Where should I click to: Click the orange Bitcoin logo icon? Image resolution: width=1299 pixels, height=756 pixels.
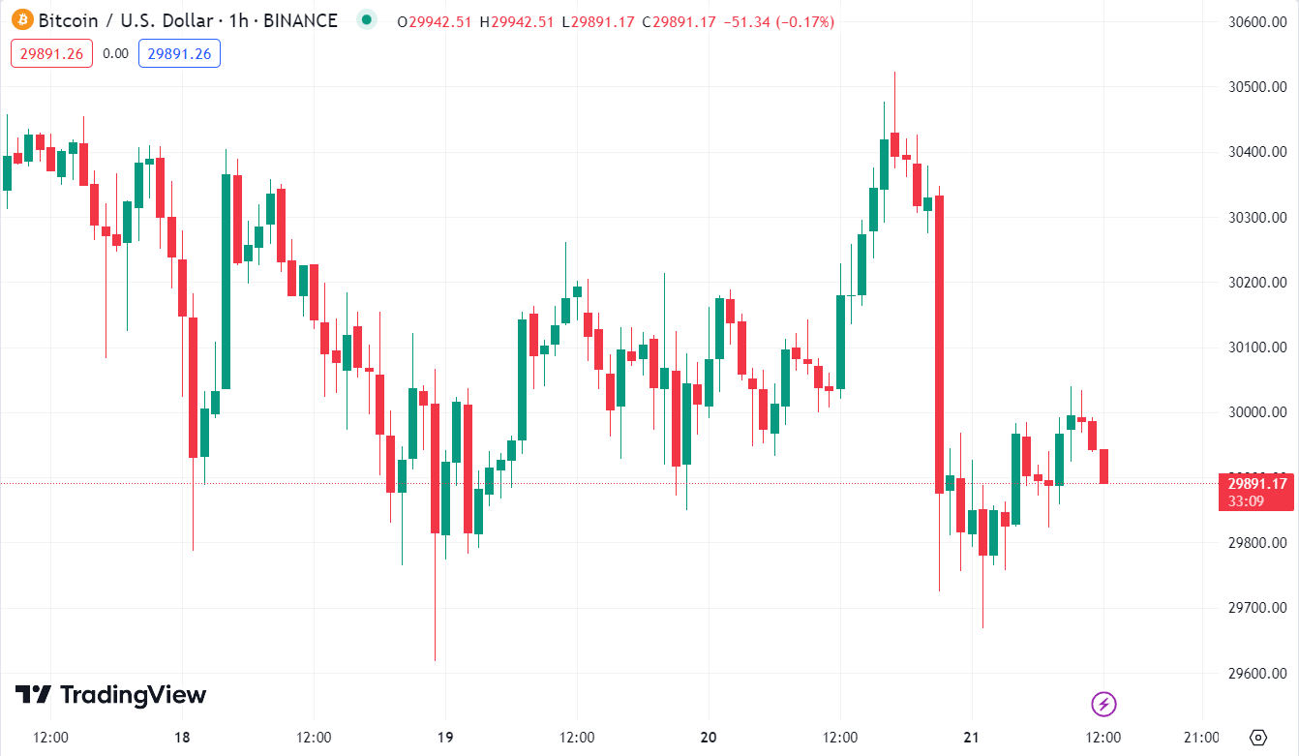[x=21, y=20]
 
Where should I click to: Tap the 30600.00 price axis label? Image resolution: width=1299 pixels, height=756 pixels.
[x=1255, y=22]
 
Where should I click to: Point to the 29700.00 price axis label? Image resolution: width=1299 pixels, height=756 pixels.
[x=1255, y=608]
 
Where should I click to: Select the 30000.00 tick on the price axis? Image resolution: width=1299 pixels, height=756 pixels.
[x=1255, y=412]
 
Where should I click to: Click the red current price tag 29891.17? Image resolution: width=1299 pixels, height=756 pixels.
[x=1256, y=484]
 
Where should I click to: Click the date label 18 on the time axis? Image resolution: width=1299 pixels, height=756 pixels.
[x=182, y=738]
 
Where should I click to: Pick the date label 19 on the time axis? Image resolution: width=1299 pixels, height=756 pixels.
[x=444, y=738]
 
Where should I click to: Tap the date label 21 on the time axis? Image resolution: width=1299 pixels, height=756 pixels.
[x=972, y=738]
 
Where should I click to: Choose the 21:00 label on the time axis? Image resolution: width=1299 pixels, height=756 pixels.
[x=1201, y=738]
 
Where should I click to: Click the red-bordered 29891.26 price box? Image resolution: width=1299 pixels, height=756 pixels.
[x=51, y=53]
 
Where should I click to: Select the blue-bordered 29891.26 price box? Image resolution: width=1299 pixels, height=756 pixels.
[x=179, y=53]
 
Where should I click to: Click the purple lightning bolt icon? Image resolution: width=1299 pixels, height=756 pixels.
[x=1104, y=704]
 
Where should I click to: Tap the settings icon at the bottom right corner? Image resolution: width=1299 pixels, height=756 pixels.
[x=1258, y=738]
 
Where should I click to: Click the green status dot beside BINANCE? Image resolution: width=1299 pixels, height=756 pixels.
[x=365, y=19]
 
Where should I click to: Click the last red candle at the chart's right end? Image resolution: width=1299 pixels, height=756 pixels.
[x=1103, y=466]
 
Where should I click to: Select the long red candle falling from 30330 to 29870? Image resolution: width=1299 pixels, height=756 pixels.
[x=939, y=345]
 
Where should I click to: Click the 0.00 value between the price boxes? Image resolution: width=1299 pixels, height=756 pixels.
[x=115, y=53]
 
